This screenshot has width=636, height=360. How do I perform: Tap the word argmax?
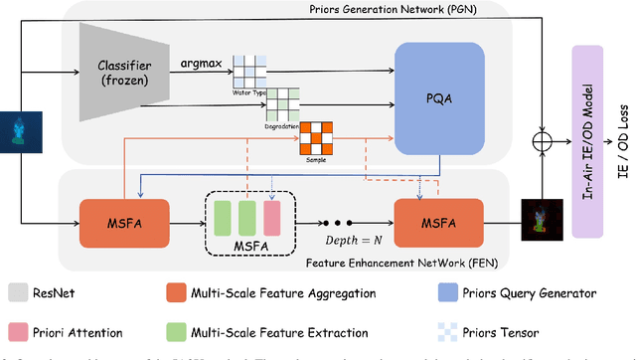coord(201,63)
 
